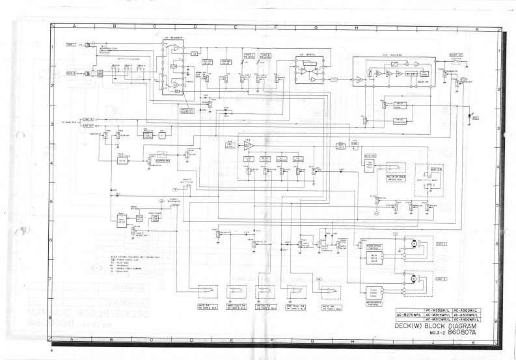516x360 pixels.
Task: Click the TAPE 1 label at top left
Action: tap(70, 45)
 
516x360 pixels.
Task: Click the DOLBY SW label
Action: tap(456, 55)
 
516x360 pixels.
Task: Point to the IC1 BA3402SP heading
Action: tap(173, 40)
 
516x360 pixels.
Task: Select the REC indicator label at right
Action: tap(476, 118)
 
